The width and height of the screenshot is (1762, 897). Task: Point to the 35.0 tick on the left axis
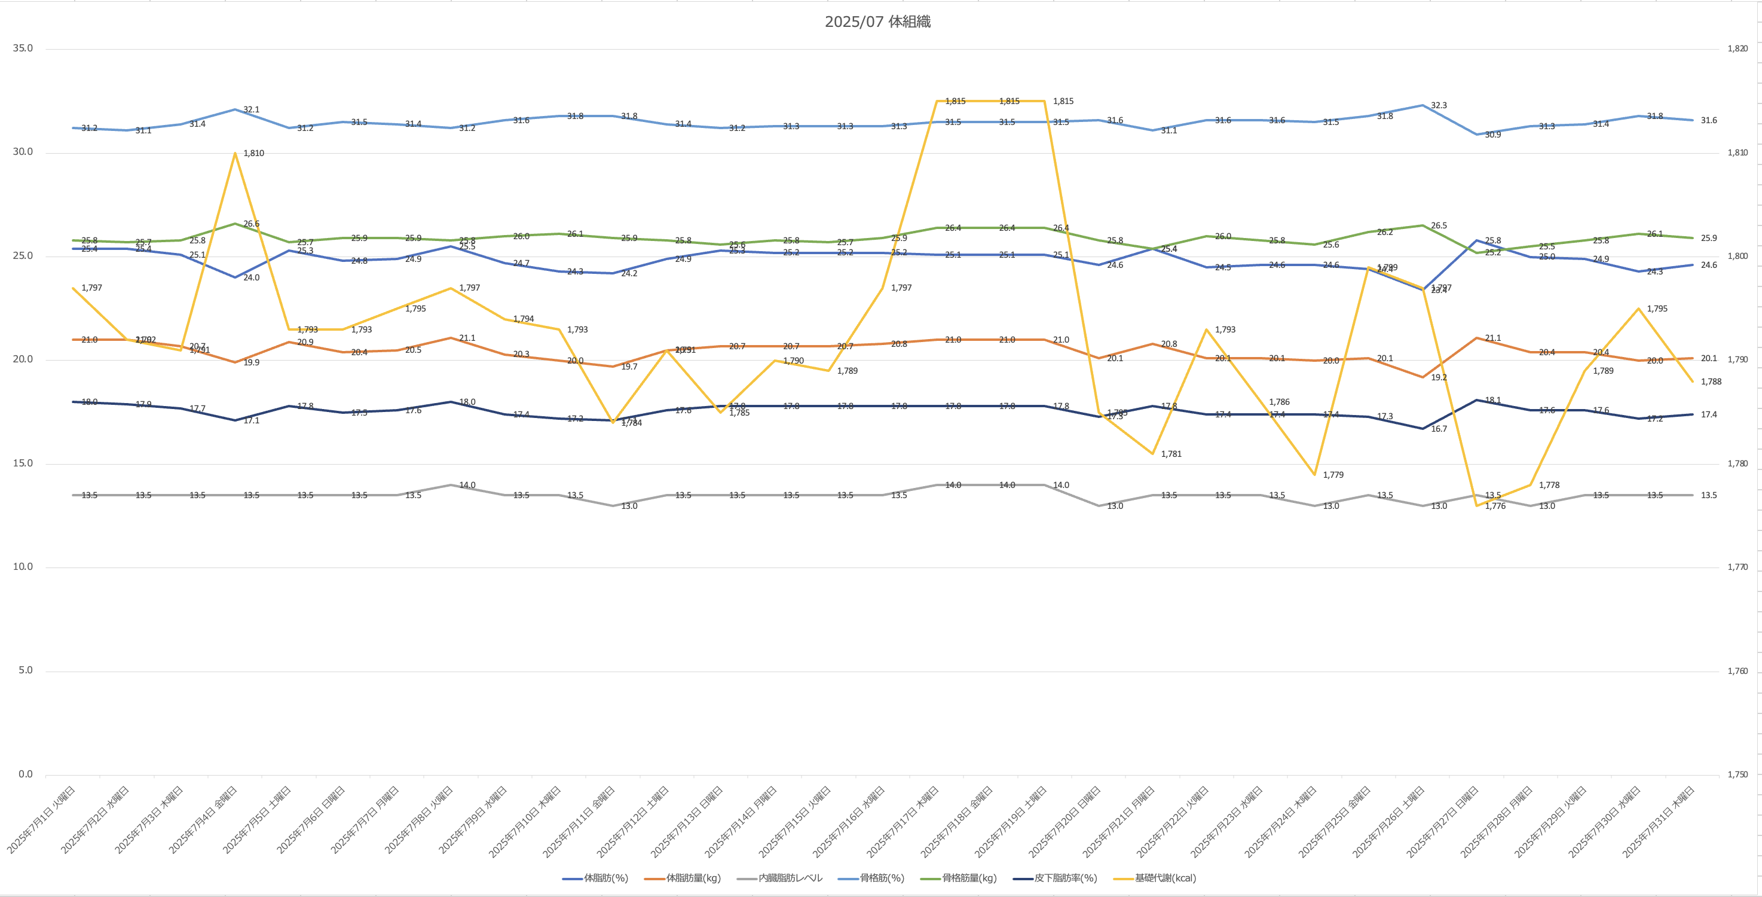pyautogui.click(x=23, y=48)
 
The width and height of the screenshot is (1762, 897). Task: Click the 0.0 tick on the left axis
pyautogui.click(x=25, y=774)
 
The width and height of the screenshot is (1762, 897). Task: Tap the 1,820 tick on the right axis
pyautogui.click(x=1737, y=48)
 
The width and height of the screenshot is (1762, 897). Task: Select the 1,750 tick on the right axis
pyautogui.click(x=1737, y=774)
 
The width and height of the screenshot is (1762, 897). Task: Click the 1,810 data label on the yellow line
pyautogui.click(x=253, y=153)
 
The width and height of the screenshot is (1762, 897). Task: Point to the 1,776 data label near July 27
pyautogui.click(x=1495, y=507)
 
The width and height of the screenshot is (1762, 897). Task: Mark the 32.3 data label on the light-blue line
pyautogui.click(x=1439, y=105)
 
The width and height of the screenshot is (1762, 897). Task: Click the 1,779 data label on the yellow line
pyautogui.click(x=1332, y=475)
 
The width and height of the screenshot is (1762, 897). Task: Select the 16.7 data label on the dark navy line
pyautogui.click(x=1439, y=429)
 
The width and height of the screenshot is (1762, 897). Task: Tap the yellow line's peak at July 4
pyautogui.click(x=235, y=152)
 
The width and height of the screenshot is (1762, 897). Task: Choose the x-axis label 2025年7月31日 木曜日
pyautogui.click(x=1658, y=819)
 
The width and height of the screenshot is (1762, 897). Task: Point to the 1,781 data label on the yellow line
pyautogui.click(x=1171, y=454)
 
